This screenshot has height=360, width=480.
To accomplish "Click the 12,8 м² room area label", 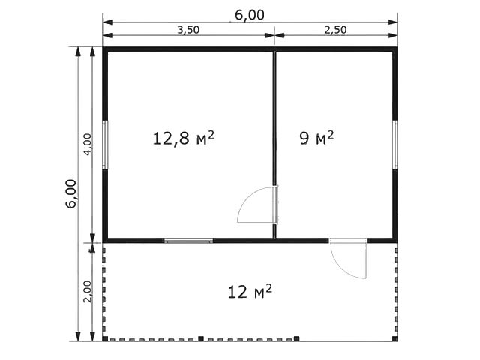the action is tap(183, 138).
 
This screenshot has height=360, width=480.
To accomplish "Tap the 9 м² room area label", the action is tap(316, 138).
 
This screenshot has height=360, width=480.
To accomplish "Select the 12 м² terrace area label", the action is tap(250, 292).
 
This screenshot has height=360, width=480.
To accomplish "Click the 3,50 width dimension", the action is tap(188, 30).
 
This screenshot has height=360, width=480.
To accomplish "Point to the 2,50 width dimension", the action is tap(335, 30).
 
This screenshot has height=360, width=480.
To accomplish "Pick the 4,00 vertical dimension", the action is tap(88, 145).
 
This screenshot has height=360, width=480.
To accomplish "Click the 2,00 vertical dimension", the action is tap(88, 292).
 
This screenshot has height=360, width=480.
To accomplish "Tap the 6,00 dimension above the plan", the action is tap(250, 15).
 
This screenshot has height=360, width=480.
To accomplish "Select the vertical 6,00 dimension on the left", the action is tap(71, 193).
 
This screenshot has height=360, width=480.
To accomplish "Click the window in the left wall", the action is tap(105, 145).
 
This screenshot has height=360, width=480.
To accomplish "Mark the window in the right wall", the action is tap(395, 145).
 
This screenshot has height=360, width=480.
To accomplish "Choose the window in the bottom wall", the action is tap(188, 241).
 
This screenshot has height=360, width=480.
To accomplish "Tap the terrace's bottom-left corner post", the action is tap(105, 338).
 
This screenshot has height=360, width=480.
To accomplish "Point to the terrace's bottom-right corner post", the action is tap(395, 338).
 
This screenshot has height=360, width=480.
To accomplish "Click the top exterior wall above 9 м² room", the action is tap(336, 49).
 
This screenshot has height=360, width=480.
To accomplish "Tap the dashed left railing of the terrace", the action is tap(104, 289).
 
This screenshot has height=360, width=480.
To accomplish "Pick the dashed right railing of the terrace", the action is tap(396, 289).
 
